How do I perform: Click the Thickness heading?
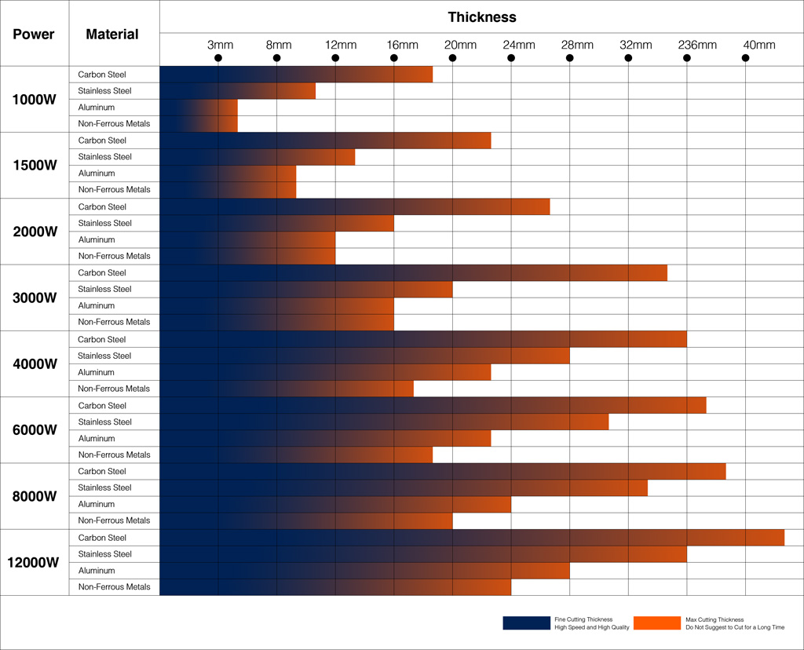pyautogui.click(x=482, y=17)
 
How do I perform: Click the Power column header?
pyautogui.click(x=33, y=35)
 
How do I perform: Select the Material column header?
pyautogui.click(x=112, y=35)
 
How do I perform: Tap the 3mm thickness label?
pyautogui.click(x=220, y=45)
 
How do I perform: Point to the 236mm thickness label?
pyautogui.click(x=697, y=45)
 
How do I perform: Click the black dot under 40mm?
pyautogui.click(x=746, y=58)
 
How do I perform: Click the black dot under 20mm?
pyautogui.click(x=452, y=58)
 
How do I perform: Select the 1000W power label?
pyautogui.click(x=35, y=100)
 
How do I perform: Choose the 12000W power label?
pyautogui.click(x=33, y=562)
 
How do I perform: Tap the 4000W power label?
pyautogui.click(x=35, y=364)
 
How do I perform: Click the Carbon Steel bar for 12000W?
pyautogui.click(x=472, y=538)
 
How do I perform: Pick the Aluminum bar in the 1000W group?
pyautogui.click(x=199, y=107)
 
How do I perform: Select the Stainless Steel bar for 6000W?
pyautogui.click(x=384, y=422)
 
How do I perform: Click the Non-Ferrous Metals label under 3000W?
pyautogui.click(x=114, y=322)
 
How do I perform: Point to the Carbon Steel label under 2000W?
pyautogui.click(x=102, y=206)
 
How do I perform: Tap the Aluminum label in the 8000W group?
pyautogui.click(x=97, y=504)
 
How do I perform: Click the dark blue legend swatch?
pyautogui.click(x=527, y=623)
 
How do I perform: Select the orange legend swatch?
pyautogui.click(x=657, y=623)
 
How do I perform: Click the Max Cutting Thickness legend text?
pyautogui.click(x=714, y=619)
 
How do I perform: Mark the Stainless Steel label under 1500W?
pyautogui.click(x=104, y=157)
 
